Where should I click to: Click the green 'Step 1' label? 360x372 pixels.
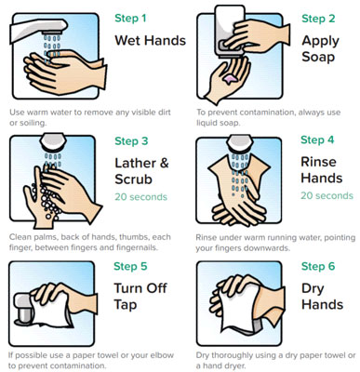tap(130, 19)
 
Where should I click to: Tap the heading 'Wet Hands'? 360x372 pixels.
tap(151, 41)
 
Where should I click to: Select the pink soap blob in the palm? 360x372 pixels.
tap(230, 79)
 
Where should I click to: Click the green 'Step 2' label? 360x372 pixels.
tap(318, 19)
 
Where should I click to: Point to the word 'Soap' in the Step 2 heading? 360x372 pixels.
tap(318, 57)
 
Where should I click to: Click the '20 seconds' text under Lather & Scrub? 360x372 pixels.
tap(141, 197)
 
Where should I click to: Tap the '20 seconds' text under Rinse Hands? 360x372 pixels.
tap(327, 195)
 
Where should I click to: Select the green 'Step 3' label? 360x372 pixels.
tap(131, 141)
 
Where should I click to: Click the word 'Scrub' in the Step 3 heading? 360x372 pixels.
tap(134, 179)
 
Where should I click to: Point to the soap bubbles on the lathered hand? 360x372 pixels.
tap(47, 200)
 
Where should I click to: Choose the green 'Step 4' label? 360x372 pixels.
tap(317, 139)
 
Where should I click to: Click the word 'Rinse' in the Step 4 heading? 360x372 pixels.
tap(318, 162)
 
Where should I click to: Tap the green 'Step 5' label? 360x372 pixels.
tap(130, 266)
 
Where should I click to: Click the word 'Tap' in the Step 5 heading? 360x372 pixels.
tap(126, 305)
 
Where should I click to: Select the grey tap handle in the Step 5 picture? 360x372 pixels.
tap(24, 309)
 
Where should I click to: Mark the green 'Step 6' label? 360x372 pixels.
tap(318, 266)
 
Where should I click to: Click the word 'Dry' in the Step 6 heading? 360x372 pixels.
tap(313, 289)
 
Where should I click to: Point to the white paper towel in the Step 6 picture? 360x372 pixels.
tap(239, 307)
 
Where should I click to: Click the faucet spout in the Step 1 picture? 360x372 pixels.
tap(38, 30)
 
